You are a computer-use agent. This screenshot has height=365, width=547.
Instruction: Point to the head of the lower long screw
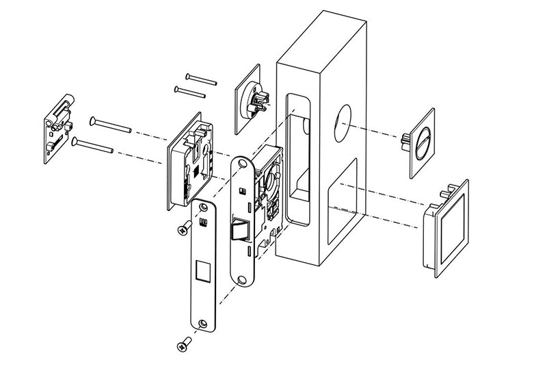pos(73,142)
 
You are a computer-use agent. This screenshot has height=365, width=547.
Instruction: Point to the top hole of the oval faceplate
pos(244,164)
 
